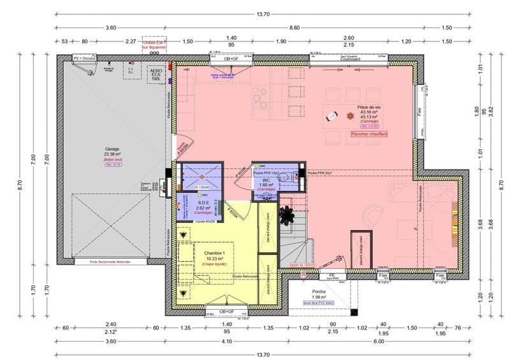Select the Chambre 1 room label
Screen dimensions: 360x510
215,252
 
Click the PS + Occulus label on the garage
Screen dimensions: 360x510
85,57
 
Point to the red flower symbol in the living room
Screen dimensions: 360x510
349,115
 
